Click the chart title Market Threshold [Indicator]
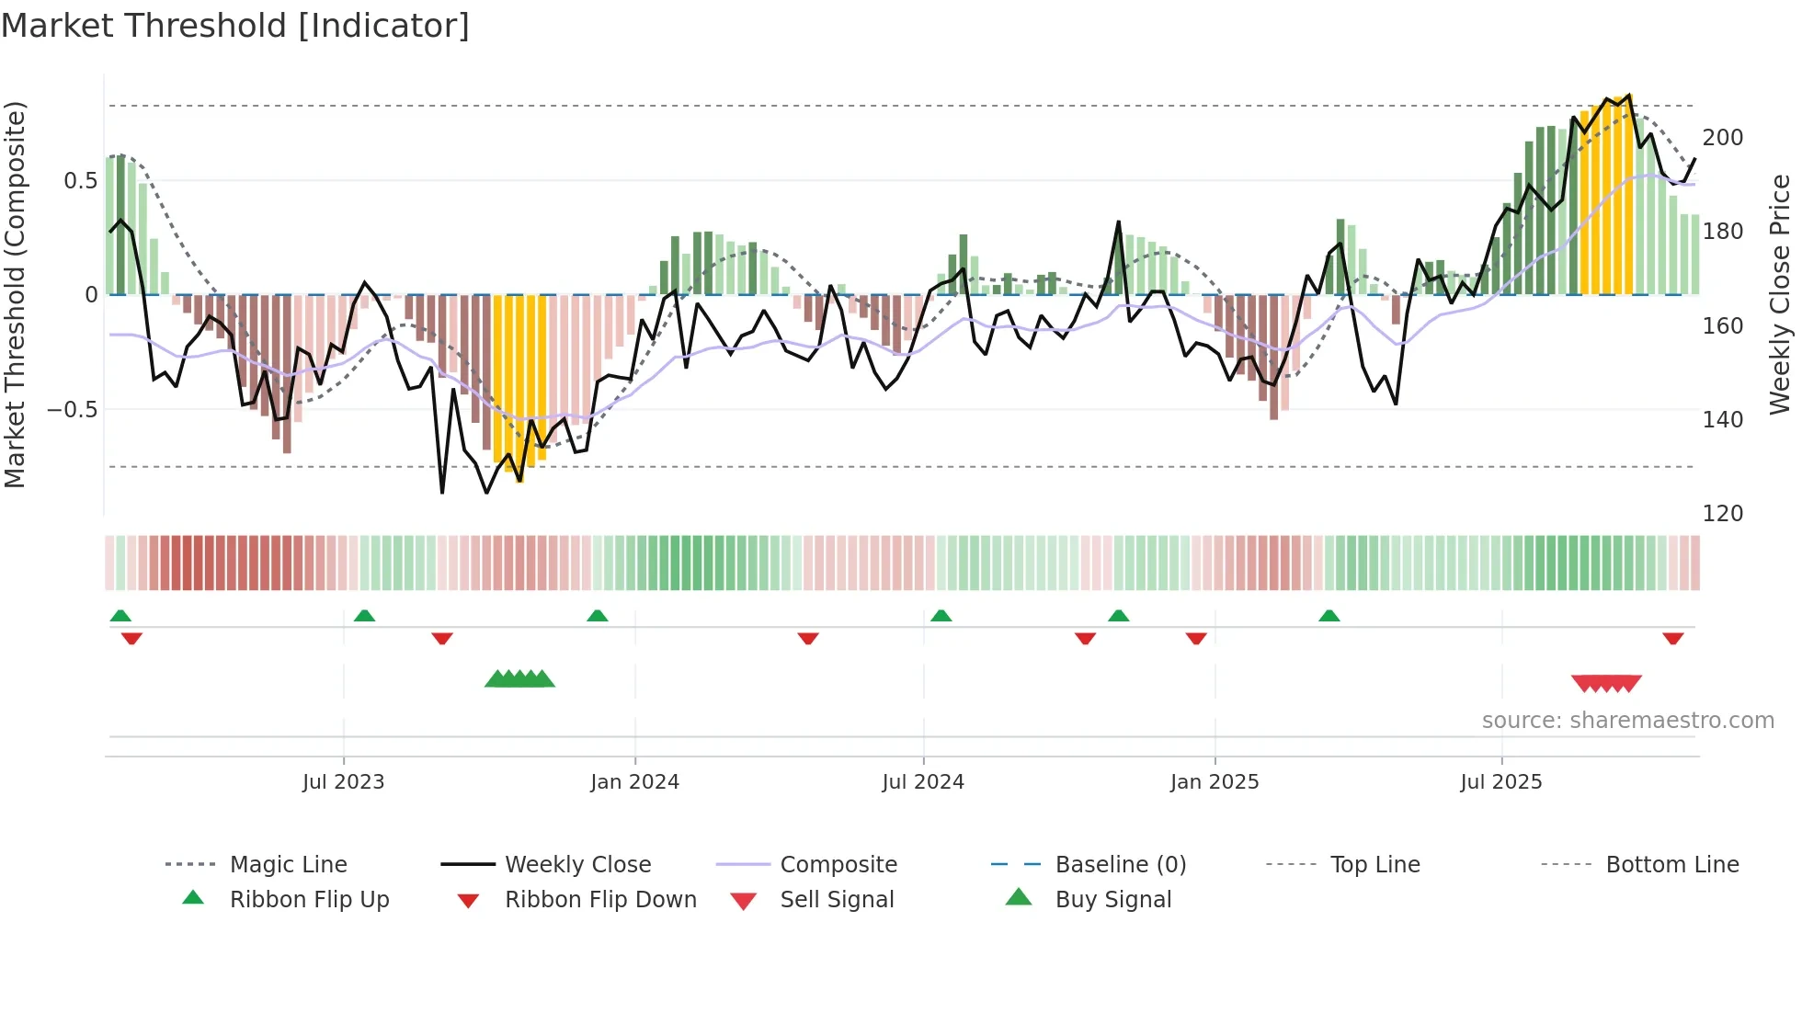coord(235,26)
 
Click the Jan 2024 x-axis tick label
coord(634,782)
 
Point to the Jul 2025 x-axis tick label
coord(1500,782)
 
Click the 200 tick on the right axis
coord(1722,138)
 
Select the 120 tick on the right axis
coord(1722,514)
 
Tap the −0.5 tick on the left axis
coord(72,410)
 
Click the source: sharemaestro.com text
coord(1627,721)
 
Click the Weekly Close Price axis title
coord(1780,294)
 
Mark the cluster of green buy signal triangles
coord(519,679)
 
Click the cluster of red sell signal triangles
coord(1606,683)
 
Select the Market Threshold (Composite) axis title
coord(16,294)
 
